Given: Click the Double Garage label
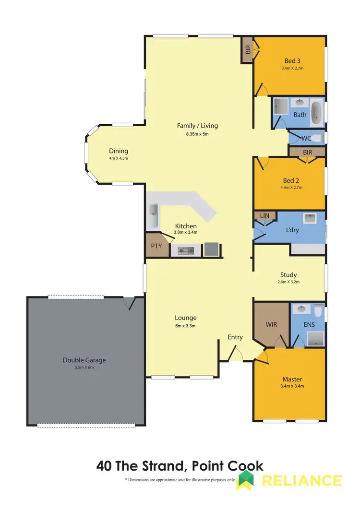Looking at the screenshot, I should [x=84, y=360].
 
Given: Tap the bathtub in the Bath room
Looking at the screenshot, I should [x=316, y=112].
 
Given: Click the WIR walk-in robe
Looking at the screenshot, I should [x=271, y=324].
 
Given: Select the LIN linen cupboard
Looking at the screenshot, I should [x=264, y=216].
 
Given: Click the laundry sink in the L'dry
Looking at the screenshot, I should [x=310, y=219].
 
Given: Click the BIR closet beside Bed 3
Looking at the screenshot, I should [x=248, y=49].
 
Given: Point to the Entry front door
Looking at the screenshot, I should [x=235, y=354].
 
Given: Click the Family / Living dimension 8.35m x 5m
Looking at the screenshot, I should [x=197, y=134].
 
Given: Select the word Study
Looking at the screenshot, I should [x=288, y=275].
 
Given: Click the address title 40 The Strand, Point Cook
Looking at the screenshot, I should [x=180, y=465].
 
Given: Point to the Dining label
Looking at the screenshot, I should [x=118, y=151].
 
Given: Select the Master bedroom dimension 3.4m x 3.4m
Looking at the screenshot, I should [x=292, y=386].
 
